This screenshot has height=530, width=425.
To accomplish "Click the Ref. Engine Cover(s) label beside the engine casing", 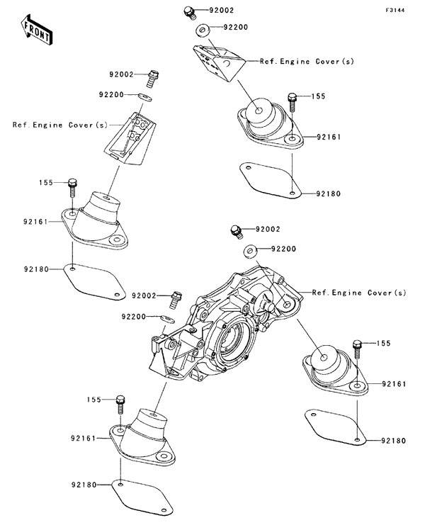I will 359,293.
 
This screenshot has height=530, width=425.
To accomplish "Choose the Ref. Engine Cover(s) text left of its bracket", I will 59,125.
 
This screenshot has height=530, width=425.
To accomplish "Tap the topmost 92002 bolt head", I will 188,11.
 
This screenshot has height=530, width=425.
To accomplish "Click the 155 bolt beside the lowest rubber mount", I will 120,404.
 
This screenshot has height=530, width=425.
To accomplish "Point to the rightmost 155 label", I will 383,343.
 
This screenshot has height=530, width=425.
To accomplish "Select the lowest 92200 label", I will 133,316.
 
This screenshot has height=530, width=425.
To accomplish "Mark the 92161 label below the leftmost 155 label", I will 35,221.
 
